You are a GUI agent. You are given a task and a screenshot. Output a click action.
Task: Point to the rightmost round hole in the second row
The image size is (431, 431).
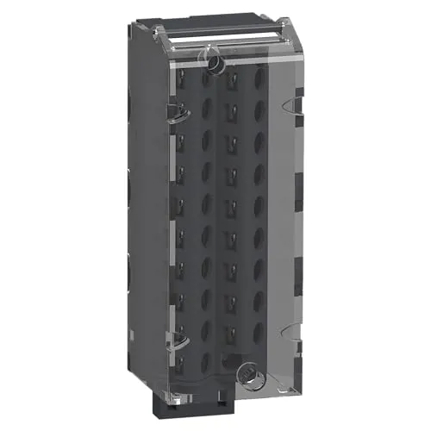tap(260, 110)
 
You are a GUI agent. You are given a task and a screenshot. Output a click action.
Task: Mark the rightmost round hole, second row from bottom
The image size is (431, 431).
tap(260, 328)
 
